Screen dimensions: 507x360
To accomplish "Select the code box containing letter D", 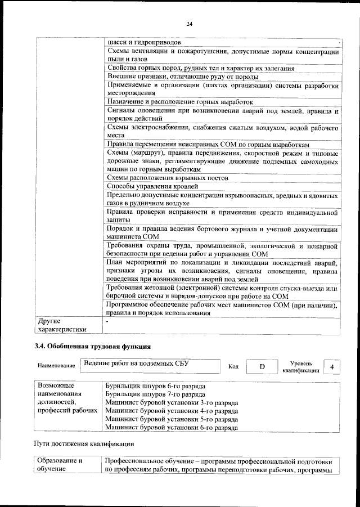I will click(x=262, y=367).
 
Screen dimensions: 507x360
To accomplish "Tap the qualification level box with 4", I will click(x=333, y=367).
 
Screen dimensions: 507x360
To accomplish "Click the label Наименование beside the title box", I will click(x=56, y=366).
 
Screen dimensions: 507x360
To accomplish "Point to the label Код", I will click(x=233, y=367).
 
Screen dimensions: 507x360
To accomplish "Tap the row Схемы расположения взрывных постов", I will click(x=159, y=178).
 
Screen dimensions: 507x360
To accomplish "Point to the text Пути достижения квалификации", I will click(x=84, y=444).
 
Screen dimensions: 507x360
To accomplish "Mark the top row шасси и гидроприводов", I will click(x=144, y=42).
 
